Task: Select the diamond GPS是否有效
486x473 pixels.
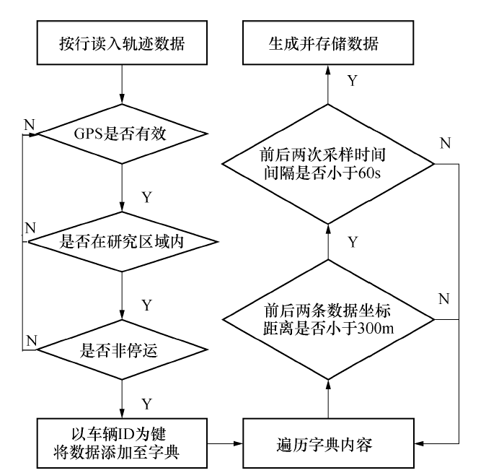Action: [123, 134]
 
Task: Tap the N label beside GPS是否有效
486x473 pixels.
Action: [29, 123]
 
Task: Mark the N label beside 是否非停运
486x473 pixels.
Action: [29, 339]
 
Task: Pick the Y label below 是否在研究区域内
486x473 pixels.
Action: [148, 305]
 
